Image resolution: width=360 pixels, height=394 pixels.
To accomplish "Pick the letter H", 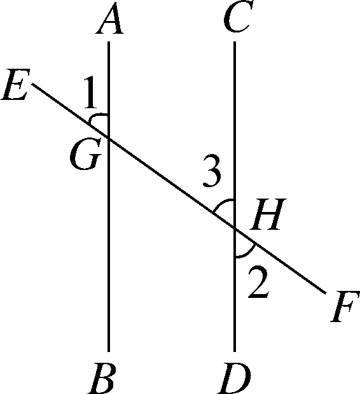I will [266, 218].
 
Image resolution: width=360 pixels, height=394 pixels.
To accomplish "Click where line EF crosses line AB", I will [109, 136].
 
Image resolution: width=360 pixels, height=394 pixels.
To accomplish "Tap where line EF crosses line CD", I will [235, 228].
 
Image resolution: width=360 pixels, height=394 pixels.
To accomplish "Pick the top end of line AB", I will [109, 43].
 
